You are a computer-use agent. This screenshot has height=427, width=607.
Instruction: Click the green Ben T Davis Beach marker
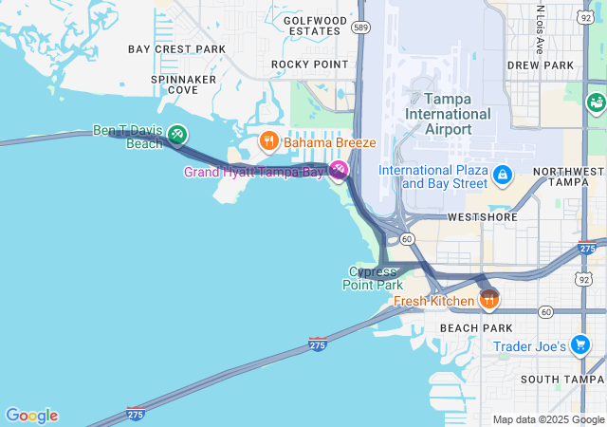176,138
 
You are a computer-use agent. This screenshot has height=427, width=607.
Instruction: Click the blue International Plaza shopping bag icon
502,176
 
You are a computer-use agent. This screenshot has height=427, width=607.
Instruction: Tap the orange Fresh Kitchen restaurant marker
489,301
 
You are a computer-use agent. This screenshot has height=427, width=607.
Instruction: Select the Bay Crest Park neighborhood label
177,48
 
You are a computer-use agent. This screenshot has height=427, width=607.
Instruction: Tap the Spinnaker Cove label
184,84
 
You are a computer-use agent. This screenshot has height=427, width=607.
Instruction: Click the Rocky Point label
310,64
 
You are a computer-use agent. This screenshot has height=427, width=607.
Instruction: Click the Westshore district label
482,216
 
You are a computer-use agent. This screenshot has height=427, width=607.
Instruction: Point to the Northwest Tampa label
568,176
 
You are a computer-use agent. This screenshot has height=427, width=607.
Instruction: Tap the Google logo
31,416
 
